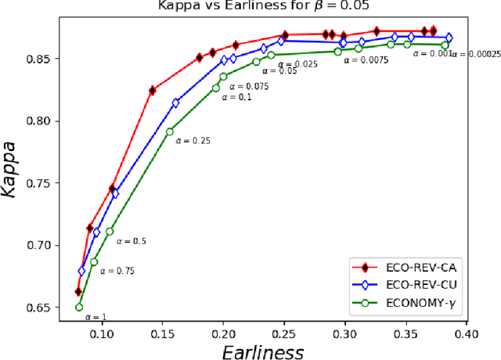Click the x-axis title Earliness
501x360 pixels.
[261, 351]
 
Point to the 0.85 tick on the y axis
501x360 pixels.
[39, 59]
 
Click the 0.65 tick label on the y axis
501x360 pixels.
[39, 308]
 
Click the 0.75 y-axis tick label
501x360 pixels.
[39, 183]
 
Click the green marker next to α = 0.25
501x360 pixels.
[170, 131]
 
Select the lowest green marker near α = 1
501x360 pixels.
[79, 307]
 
